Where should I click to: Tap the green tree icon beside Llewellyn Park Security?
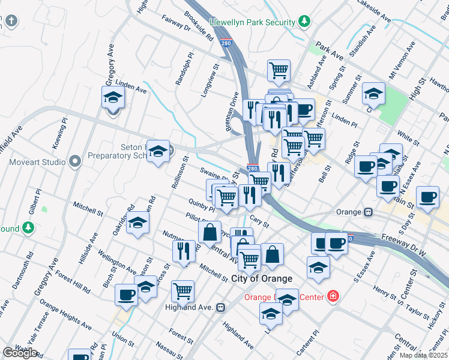(x=305, y=22)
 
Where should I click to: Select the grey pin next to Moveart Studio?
(x=74, y=161)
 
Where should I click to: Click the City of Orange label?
(x=262, y=278)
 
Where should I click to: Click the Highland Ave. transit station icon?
(x=221, y=307)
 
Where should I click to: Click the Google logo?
(x=20, y=353)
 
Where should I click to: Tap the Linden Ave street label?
(x=131, y=89)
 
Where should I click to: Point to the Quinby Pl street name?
(x=201, y=205)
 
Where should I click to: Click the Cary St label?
(x=259, y=221)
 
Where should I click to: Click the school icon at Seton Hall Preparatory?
(x=158, y=152)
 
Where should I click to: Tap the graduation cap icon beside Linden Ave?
(x=112, y=97)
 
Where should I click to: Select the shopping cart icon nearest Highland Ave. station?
(x=182, y=292)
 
